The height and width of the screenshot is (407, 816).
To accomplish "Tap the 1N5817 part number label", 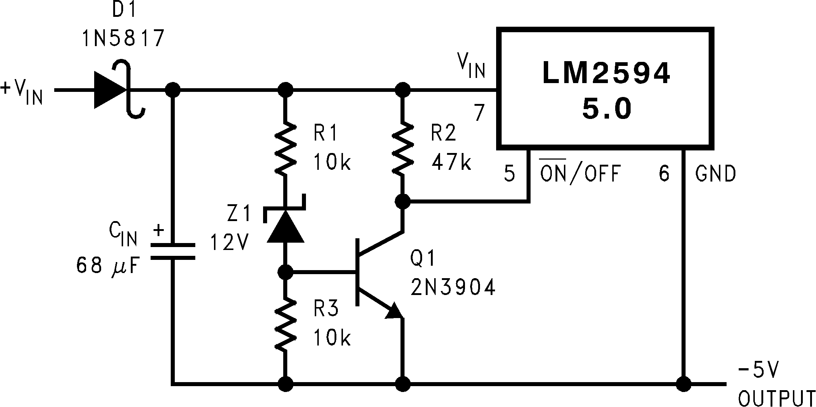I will pyautogui.click(x=123, y=38).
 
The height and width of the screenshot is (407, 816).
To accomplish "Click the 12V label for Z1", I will pyautogui.click(x=229, y=242).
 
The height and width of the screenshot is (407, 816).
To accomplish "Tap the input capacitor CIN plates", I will pyautogui.click(x=173, y=251).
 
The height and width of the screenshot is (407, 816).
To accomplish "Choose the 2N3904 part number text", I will pyautogui.click(x=453, y=288).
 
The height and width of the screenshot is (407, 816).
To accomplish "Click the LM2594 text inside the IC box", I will pyautogui.click(x=606, y=73).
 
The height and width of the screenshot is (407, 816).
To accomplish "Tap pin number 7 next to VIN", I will pyautogui.click(x=479, y=113).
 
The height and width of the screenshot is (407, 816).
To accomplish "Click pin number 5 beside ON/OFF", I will pyautogui.click(x=510, y=174).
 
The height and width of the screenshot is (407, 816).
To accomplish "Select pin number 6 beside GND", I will pyautogui.click(x=664, y=174).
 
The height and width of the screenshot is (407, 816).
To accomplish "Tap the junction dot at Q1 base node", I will pyautogui.click(x=285, y=272).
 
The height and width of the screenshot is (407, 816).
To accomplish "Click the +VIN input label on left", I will pyautogui.click(x=22, y=92).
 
